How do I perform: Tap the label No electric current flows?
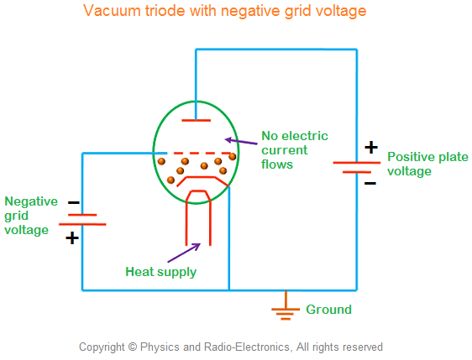(x=294, y=149)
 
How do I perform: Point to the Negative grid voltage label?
(x=31, y=215)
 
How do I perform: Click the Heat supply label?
(x=160, y=271)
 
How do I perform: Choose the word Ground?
(x=328, y=310)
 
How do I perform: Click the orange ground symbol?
(x=286, y=310)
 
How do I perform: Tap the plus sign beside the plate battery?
(x=370, y=148)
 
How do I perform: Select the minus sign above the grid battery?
(x=73, y=202)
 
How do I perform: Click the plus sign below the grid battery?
(x=73, y=238)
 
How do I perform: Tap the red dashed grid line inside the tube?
(x=195, y=154)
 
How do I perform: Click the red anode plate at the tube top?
(x=196, y=120)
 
